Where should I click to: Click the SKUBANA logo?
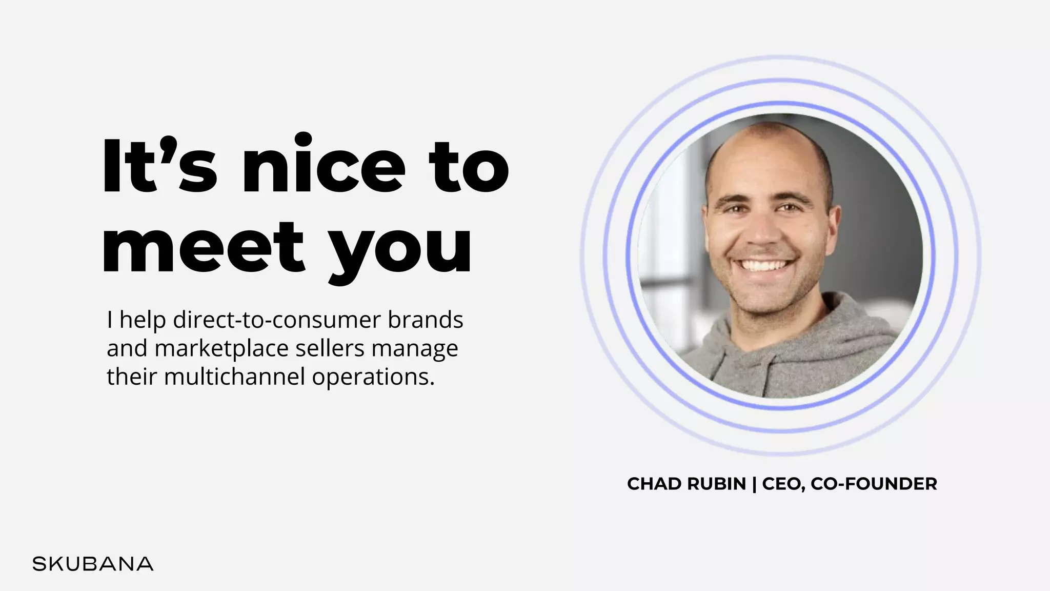(x=93, y=564)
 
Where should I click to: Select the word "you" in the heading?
(x=400, y=251)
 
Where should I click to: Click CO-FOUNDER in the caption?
(x=874, y=484)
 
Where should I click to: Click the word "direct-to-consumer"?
(x=277, y=320)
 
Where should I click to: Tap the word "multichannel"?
(x=235, y=377)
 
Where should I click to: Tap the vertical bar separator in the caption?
(x=754, y=484)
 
